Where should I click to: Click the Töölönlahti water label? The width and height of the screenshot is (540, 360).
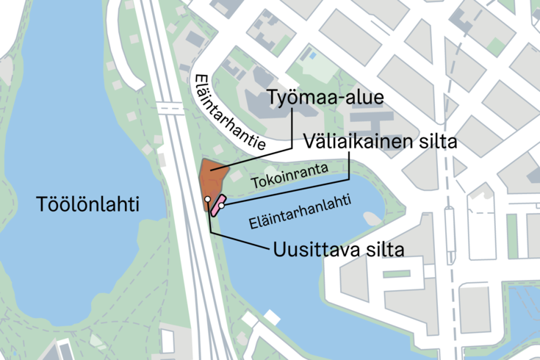point(87,205)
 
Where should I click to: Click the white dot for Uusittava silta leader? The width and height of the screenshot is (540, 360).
point(208,199)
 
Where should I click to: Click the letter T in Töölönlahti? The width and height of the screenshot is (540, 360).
point(41,205)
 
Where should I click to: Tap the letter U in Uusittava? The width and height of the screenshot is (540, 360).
point(279,249)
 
